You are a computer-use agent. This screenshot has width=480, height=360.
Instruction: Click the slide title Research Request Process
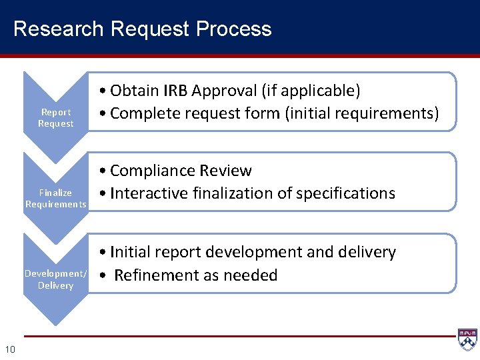coord(142,29)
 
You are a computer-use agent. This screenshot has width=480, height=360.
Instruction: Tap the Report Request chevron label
coord(55,118)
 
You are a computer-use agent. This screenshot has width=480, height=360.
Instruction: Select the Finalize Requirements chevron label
coord(55,198)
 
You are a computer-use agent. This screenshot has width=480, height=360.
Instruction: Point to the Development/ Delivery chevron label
coord(55,279)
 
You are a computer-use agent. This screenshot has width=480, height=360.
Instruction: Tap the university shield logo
coord(467,339)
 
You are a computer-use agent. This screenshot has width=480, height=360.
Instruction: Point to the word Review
coord(225,171)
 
